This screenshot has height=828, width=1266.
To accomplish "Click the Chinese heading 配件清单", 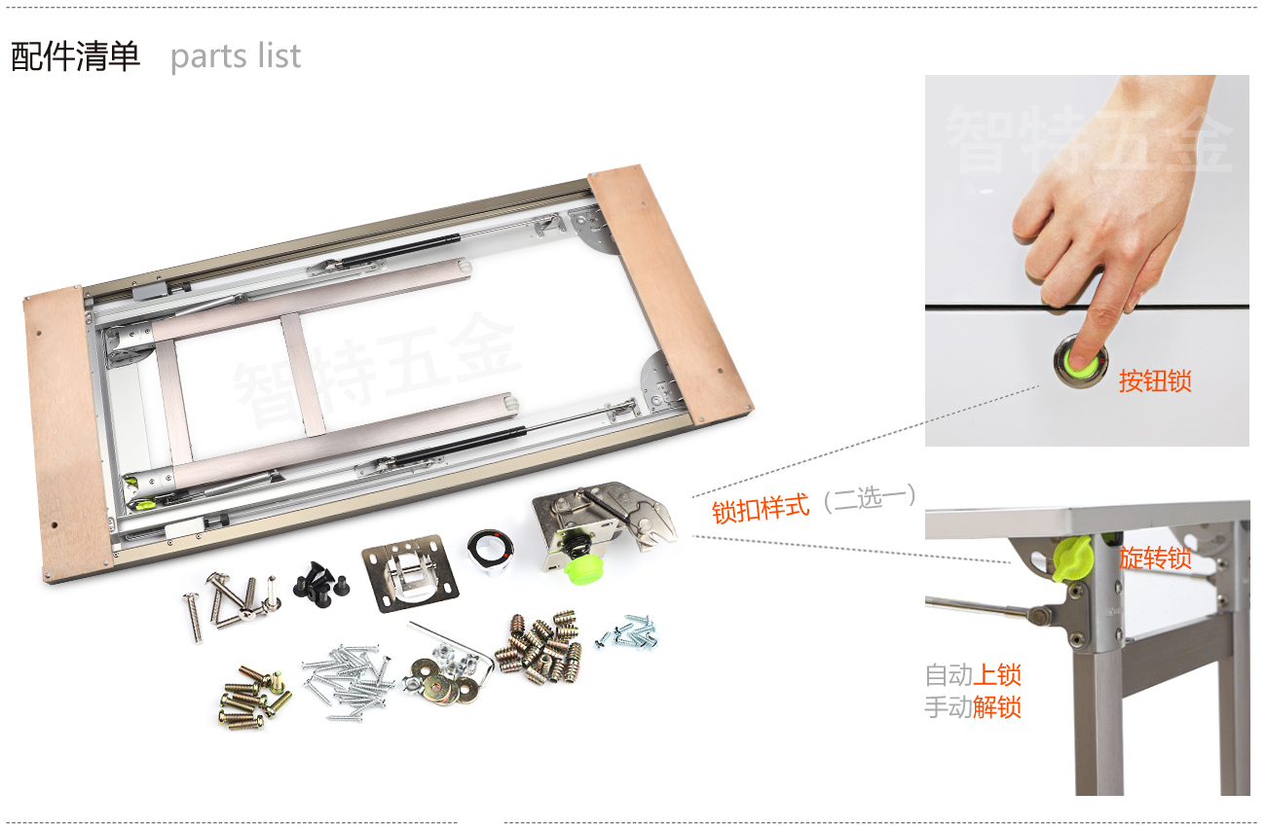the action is [x=75, y=56].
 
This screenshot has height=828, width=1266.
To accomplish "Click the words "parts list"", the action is [x=236, y=57].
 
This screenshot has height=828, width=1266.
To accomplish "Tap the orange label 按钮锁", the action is [x=1155, y=380].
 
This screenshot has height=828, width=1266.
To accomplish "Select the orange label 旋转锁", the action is [x=1155, y=558].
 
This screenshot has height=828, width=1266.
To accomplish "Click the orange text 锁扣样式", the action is [x=761, y=509].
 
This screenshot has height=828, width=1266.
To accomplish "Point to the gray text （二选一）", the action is [x=870, y=497].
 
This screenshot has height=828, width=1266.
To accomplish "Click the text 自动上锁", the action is [x=973, y=675].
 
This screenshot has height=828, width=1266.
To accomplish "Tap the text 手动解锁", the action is [x=973, y=707].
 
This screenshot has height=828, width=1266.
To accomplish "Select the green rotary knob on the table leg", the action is [x=1072, y=558].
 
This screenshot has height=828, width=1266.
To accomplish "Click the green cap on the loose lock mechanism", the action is [x=583, y=569].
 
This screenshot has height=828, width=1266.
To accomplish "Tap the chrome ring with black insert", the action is [x=490, y=550].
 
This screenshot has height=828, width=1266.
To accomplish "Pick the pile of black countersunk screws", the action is [x=321, y=585].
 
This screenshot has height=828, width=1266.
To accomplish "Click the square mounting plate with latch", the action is [x=410, y=573].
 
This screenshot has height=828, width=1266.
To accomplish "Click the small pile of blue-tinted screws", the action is [x=627, y=632].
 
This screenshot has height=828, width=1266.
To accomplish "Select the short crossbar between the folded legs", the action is [x=303, y=374].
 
